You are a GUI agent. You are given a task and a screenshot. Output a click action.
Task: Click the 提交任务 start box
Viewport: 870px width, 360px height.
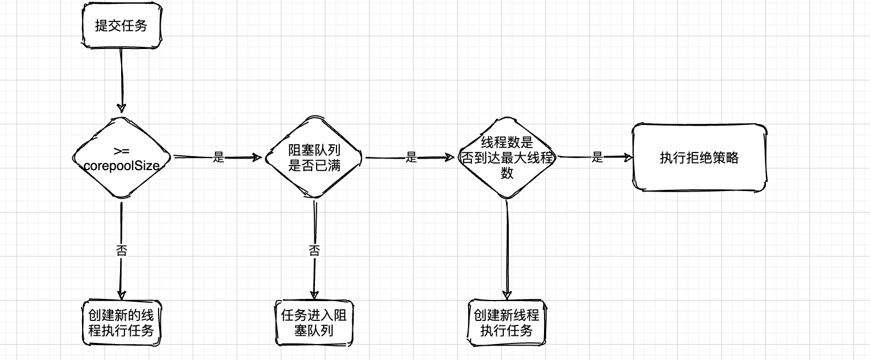coord(121,26)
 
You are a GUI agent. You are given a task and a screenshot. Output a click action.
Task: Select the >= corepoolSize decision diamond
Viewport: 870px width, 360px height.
coord(121,158)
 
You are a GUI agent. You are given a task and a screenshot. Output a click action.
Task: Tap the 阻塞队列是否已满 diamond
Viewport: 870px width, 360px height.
coord(314,158)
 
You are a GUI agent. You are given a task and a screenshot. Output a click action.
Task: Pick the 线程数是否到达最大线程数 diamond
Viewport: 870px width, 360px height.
coord(507,158)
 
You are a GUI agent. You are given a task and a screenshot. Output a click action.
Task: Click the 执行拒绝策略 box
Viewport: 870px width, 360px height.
coord(699,158)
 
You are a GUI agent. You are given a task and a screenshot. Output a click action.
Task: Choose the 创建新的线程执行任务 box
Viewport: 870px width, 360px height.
coord(121,323)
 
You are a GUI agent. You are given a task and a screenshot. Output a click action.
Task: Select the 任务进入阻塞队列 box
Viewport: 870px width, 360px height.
coord(314,323)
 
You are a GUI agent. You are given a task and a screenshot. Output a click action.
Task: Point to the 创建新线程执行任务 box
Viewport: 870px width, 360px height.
coord(507,323)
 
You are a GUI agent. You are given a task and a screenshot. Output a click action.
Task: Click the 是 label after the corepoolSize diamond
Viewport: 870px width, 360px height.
coord(219,158)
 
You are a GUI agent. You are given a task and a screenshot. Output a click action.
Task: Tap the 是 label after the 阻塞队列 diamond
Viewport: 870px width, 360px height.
coord(411,158)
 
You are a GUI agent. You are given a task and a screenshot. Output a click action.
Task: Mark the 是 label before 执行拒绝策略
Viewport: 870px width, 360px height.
coord(597,158)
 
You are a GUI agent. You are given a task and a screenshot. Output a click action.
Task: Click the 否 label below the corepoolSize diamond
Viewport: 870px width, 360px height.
coord(121,251)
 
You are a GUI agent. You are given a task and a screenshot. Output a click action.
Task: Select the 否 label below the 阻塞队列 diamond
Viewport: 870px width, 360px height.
coord(314,251)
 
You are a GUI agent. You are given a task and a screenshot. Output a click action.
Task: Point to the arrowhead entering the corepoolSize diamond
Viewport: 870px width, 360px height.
coord(121,107)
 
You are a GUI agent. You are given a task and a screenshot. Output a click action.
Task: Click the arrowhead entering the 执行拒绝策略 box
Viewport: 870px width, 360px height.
coord(628,158)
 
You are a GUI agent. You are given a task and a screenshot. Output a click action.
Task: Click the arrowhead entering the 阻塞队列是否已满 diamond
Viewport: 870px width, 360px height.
coord(257,158)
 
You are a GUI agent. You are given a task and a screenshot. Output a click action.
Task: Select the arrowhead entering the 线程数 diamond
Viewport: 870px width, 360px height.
coord(456,158)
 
